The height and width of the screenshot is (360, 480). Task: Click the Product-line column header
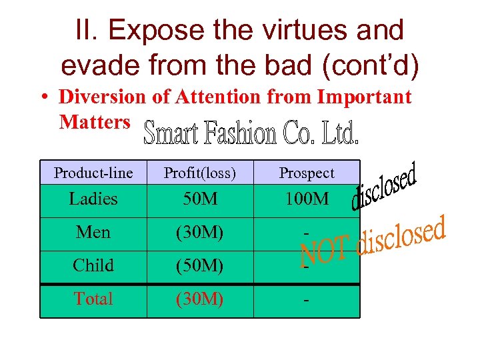click(x=93, y=173)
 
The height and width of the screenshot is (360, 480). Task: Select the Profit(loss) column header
click(x=200, y=173)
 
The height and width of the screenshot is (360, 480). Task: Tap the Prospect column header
click(x=307, y=173)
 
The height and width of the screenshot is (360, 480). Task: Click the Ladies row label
click(x=93, y=199)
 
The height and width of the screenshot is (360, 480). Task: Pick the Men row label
click(x=93, y=233)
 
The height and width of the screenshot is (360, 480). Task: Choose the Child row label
click(x=93, y=265)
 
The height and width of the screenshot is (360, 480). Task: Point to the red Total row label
click(x=93, y=299)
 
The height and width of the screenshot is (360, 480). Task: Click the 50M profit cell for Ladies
click(x=200, y=199)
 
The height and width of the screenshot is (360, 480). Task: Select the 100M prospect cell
click(x=307, y=199)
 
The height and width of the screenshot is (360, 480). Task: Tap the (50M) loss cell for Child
click(x=200, y=265)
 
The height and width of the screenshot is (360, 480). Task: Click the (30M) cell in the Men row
click(x=200, y=233)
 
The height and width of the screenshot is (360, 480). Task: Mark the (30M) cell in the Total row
click(x=200, y=299)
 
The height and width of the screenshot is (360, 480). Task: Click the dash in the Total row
click(x=306, y=300)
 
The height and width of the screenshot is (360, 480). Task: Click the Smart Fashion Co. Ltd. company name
click(x=252, y=133)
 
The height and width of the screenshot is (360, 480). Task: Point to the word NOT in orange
click(x=325, y=252)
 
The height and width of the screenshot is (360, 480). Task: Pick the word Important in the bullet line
click(x=364, y=97)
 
